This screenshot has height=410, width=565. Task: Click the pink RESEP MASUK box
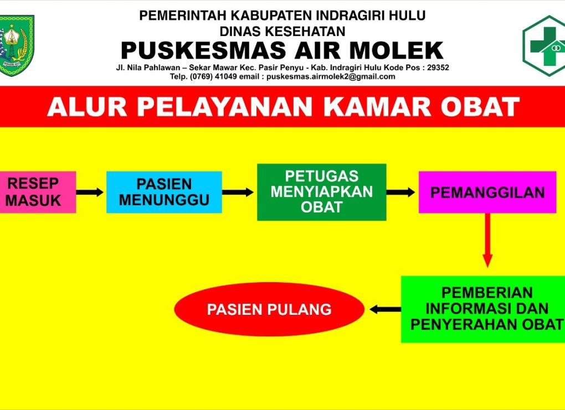(38, 192)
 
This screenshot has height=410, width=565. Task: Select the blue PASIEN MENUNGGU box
(164, 192)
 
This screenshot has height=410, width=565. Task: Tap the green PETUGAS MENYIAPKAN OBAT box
(321, 192)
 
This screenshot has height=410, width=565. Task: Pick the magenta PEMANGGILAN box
(487, 192)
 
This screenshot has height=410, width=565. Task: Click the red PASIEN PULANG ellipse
(269, 309)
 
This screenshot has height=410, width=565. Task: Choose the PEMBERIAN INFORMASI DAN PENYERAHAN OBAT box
(483, 309)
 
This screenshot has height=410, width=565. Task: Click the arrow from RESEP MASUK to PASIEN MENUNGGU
(90, 192)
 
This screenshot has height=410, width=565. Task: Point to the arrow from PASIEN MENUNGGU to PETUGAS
(238, 192)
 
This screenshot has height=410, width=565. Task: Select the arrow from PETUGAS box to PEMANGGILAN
(400, 192)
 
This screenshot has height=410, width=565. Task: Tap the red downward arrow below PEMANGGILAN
(487, 240)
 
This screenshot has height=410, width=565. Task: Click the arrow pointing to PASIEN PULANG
(385, 309)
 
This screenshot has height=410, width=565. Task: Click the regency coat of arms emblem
(17, 45)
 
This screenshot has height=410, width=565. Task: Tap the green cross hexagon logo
(544, 46)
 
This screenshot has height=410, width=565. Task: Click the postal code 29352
(438, 68)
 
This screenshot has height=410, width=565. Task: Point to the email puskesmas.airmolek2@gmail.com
(331, 77)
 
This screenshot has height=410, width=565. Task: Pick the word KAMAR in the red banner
(377, 107)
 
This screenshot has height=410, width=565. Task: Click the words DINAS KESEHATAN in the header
(282, 32)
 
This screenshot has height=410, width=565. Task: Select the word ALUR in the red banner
(87, 107)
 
